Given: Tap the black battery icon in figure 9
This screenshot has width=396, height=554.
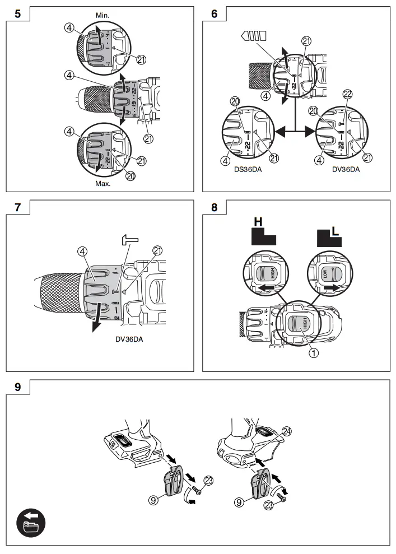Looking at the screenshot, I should (x=31, y=523).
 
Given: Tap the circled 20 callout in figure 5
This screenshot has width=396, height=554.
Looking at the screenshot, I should (x=131, y=175).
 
